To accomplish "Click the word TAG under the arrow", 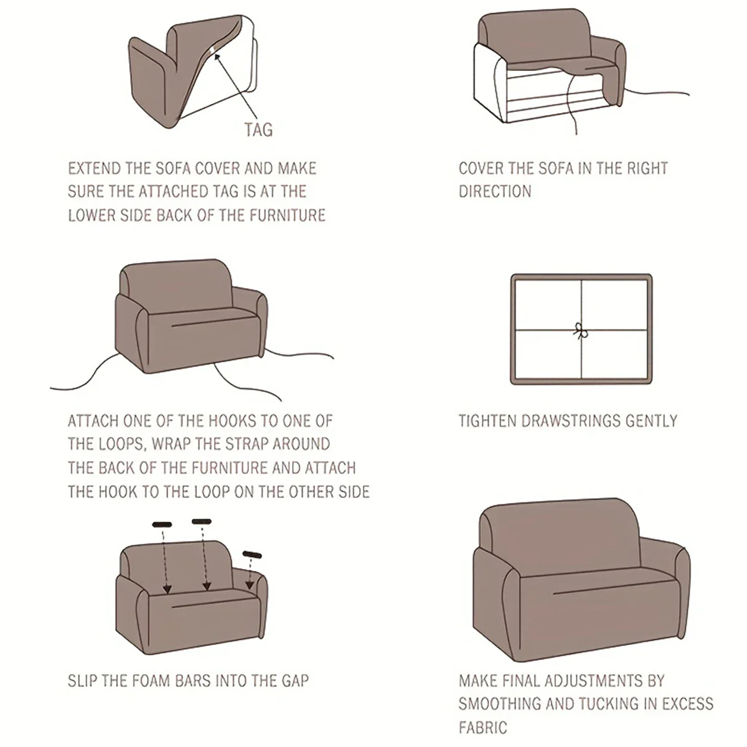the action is tap(258, 129).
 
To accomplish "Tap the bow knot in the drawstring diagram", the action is tap(580, 331).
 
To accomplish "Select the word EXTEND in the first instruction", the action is tap(94, 168).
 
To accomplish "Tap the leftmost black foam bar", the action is tap(162, 525).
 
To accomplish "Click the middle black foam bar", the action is tap(202, 522).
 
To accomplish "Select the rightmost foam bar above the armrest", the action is tap(252, 555).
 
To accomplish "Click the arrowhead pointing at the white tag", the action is tap(217, 58).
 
